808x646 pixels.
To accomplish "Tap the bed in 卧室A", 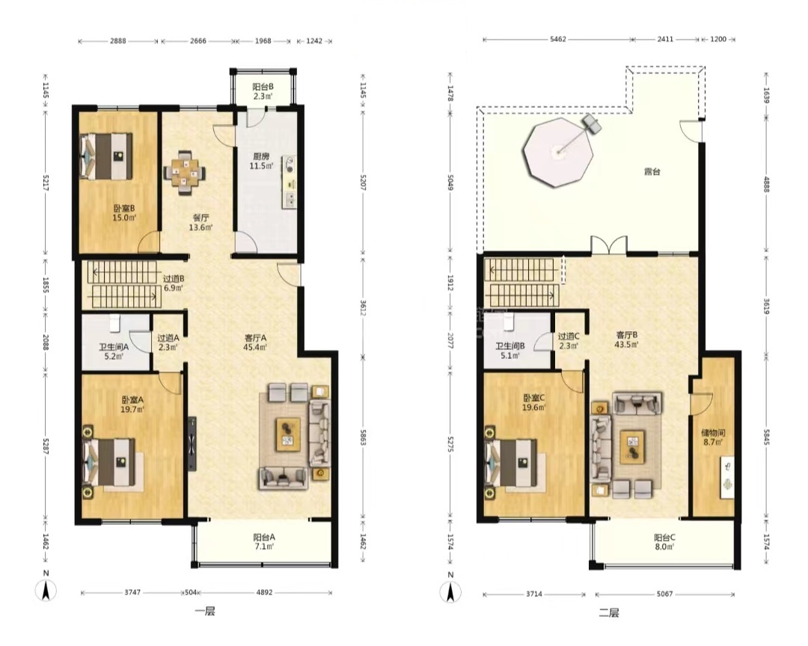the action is pos(109,462).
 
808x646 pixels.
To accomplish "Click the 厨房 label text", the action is pos(261,156).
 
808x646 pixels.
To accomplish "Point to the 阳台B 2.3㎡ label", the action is pos(263,91).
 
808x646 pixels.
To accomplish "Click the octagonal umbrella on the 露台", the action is pos(557,153).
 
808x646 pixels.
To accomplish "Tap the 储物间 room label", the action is pos(713,432).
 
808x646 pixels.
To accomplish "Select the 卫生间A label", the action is pos(114,347).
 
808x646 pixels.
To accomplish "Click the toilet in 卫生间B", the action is pos(509,322).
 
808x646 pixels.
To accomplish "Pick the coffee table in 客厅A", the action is pos(288,434).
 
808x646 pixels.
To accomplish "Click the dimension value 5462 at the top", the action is pos(558,39).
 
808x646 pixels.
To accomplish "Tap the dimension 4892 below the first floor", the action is pos(264,592).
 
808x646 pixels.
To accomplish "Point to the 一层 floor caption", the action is pos(204,612).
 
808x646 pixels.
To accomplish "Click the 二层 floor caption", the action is pos(608,612).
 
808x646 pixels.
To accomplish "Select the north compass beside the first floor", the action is pos(46,587).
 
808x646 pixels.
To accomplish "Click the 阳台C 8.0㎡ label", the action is pos(665,542).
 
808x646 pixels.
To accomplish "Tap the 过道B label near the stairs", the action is pos(174,279).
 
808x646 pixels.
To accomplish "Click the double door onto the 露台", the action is pos(609,245).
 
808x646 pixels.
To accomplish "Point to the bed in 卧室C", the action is pos(511,463).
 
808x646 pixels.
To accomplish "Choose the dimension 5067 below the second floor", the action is pos(665,594).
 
